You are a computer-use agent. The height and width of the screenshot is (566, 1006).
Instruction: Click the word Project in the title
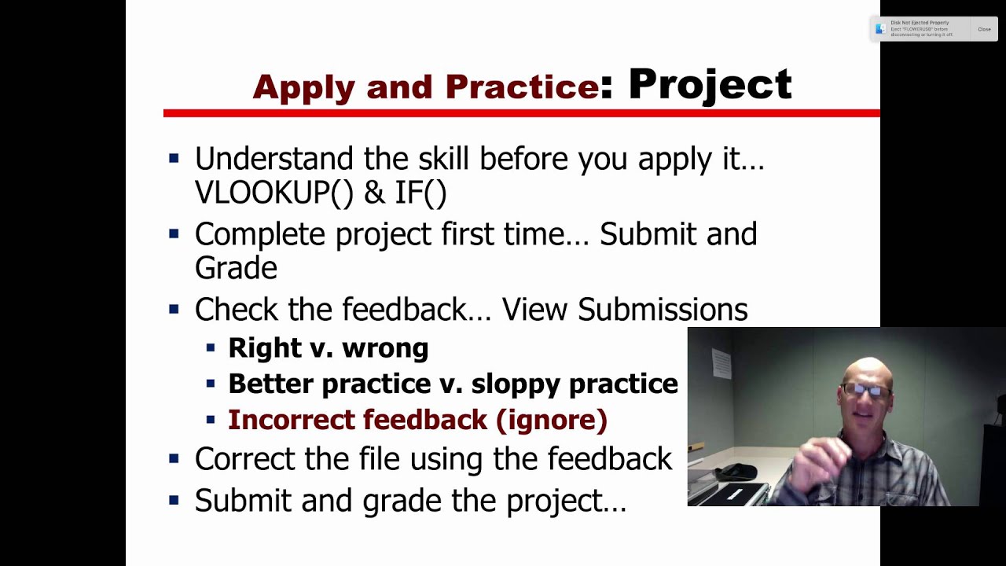coord(710,85)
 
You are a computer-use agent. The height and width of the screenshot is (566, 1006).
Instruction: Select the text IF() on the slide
coord(420,192)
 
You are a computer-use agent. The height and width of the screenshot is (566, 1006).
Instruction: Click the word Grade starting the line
coord(236,268)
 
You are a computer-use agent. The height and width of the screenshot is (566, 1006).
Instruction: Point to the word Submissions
coord(663,310)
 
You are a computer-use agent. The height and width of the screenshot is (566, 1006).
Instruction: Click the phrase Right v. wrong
coord(328,347)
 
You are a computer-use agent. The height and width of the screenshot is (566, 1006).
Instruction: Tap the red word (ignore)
coord(552,420)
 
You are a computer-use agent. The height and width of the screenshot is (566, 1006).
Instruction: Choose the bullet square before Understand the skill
coord(174,159)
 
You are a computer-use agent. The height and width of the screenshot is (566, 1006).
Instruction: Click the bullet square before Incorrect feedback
coord(210,420)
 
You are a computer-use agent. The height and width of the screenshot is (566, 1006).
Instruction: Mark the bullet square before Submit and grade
coord(174,500)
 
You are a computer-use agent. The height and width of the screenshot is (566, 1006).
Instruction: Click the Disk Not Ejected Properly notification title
coord(920,23)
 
